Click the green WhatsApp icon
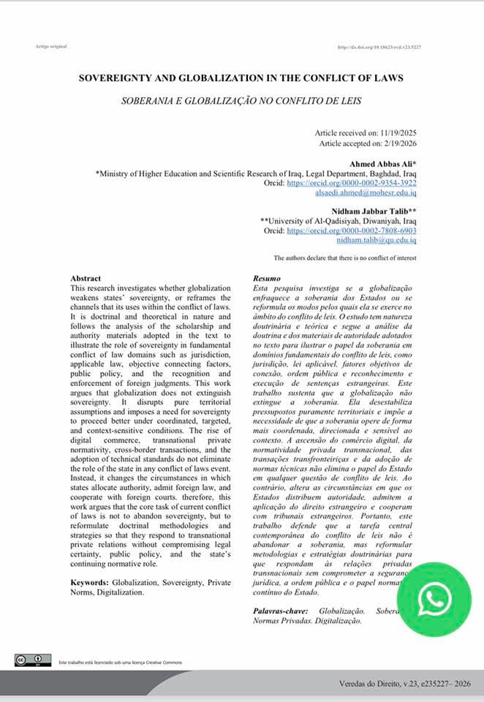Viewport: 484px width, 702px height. (x=434, y=600)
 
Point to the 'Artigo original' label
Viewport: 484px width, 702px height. (x=51, y=46)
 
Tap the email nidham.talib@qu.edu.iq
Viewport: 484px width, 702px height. (x=376, y=239)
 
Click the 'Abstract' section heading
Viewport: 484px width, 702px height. (x=86, y=279)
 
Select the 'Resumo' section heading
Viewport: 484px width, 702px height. (x=266, y=279)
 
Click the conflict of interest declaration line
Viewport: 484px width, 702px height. (x=345, y=258)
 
